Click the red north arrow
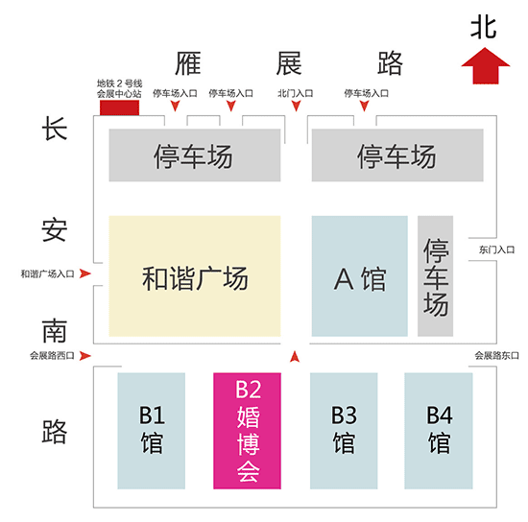coord(485,66)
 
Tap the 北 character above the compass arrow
coord(484,28)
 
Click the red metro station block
coord(119,107)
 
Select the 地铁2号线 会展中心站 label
coord(120,88)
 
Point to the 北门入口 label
coord(296,93)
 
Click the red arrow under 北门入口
coord(296,106)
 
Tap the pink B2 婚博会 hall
coord(247,431)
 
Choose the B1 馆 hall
coord(151,431)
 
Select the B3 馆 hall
coord(344,431)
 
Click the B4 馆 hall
coord(439,431)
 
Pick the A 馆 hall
coord(360,276)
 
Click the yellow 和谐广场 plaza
coord(195,276)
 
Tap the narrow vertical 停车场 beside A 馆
coord(436,276)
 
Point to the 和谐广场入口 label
coord(47,274)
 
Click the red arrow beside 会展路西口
coord(85,356)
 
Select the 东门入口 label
coord(496,249)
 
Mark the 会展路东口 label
coord(496,355)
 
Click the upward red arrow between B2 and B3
coord(295,356)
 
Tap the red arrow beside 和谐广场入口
coord(85,273)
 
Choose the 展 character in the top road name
coord(289,63)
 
